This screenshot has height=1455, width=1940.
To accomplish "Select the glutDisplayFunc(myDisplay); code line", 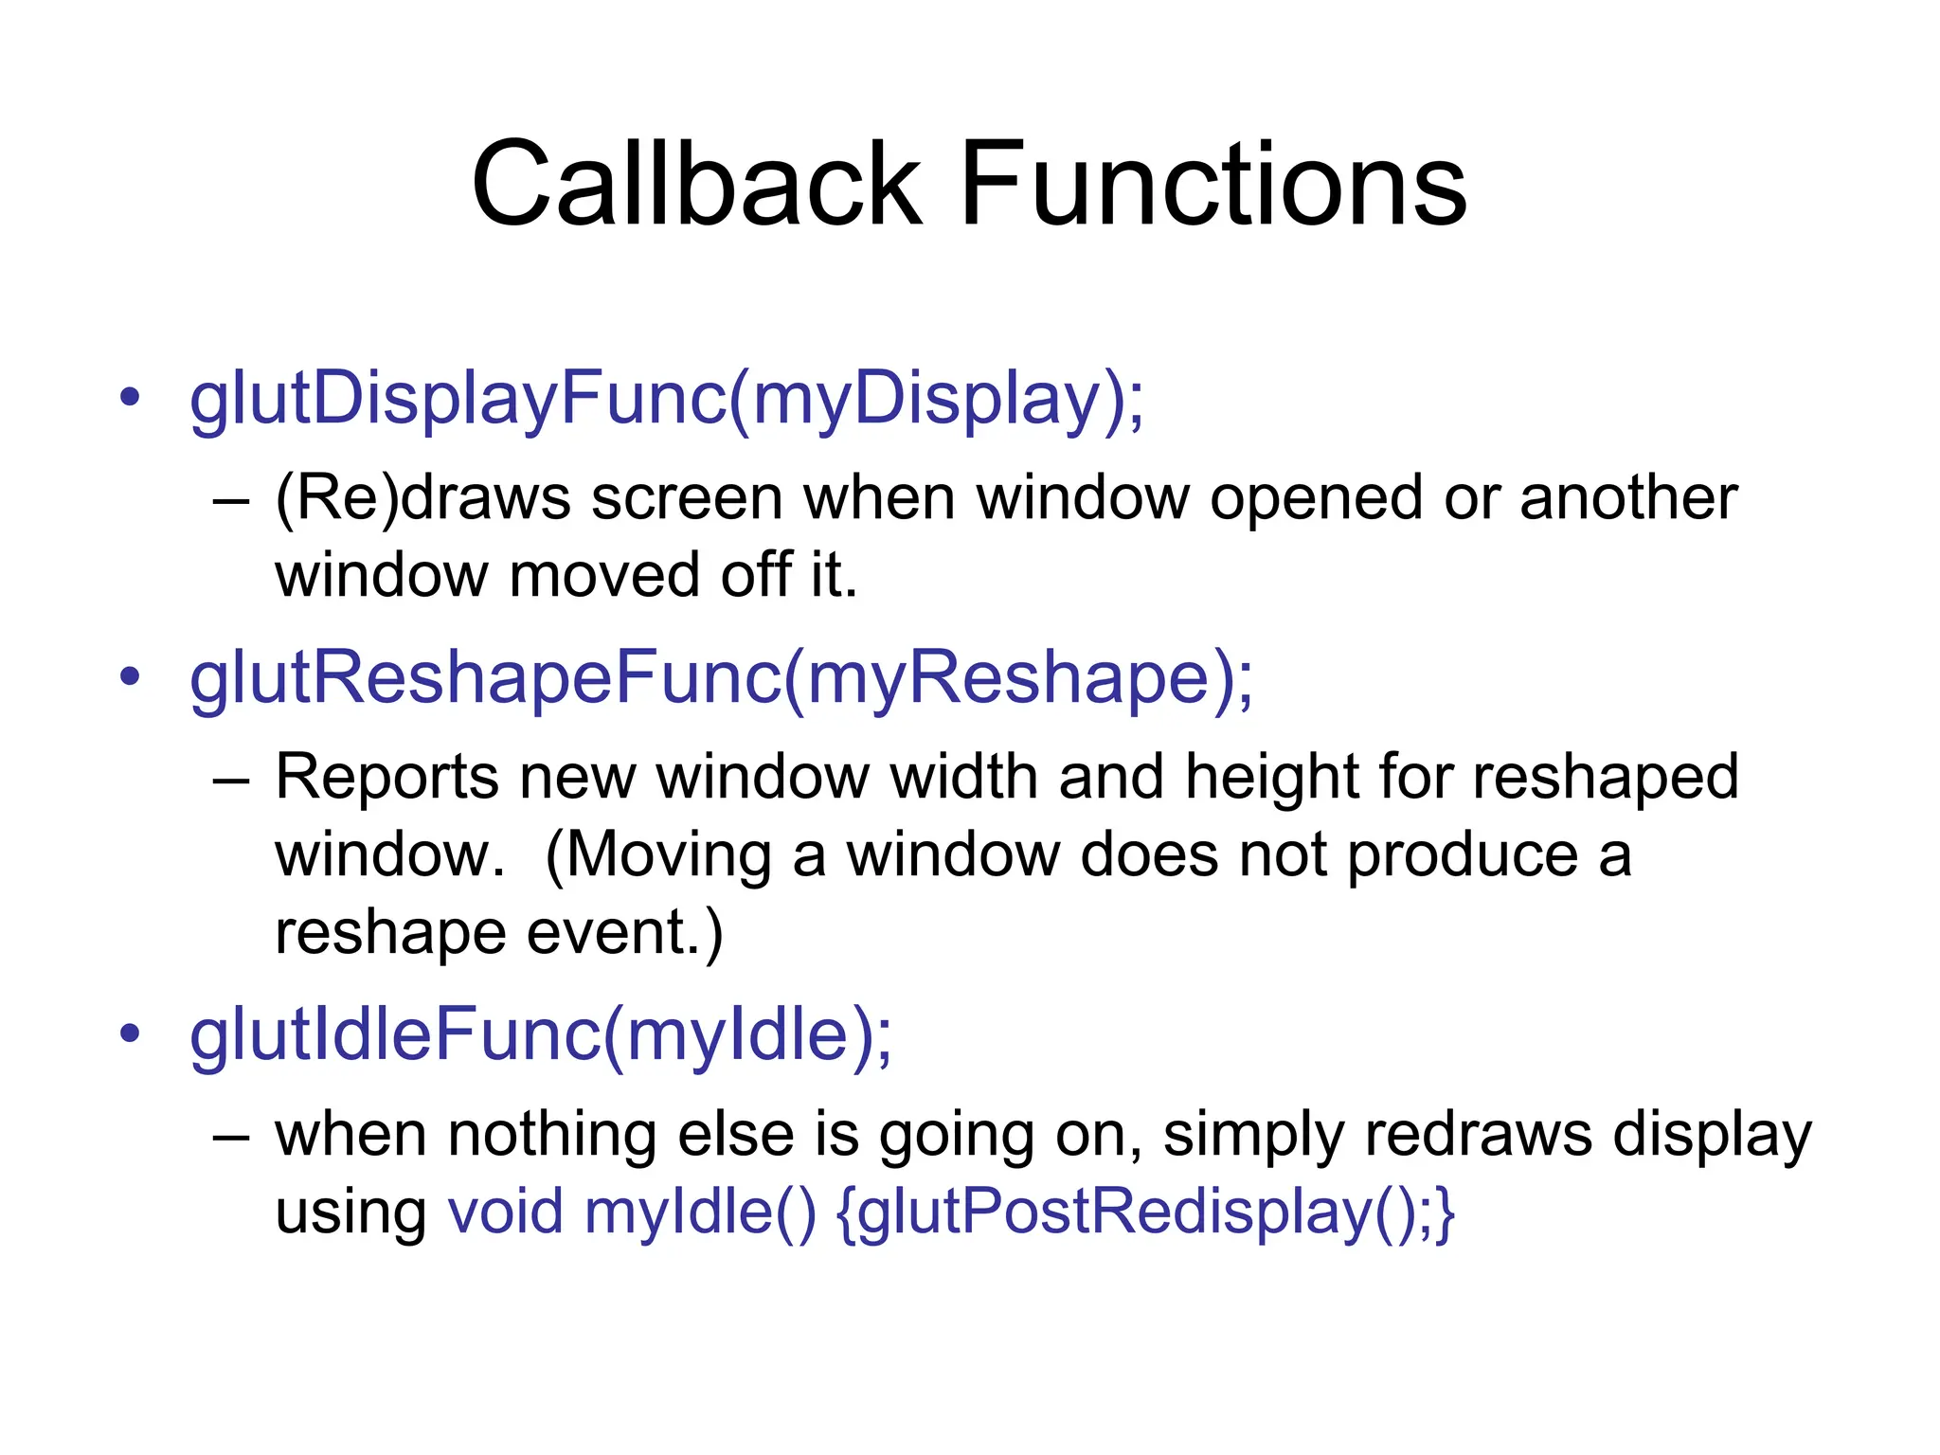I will [667, 400].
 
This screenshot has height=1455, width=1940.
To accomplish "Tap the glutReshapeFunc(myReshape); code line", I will [721, 679].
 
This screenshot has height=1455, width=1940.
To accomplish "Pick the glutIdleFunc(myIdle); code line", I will [541, 1035].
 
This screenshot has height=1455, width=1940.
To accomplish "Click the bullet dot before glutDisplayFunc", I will [130, 397].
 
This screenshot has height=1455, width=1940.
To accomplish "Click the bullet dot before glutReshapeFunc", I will [130, 676].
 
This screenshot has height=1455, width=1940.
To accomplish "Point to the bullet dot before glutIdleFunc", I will [130, 1033].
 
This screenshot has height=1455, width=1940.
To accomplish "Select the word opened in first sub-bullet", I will [1316, 499].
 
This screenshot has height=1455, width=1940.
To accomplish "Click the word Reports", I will [386, 778].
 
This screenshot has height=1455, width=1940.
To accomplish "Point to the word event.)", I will [624, 934].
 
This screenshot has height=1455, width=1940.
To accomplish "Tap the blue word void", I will [506, 1212].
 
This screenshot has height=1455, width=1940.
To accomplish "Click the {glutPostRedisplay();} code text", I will [1145, 1213].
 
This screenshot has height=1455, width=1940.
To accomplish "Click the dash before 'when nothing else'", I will [231, 1136].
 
